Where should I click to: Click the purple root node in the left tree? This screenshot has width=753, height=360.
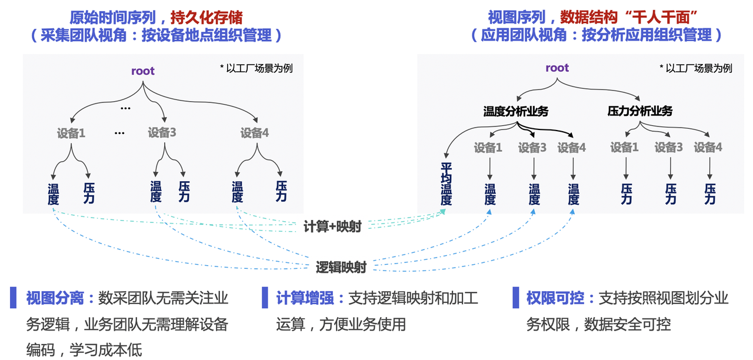pyautogui.click(x=143, y=71)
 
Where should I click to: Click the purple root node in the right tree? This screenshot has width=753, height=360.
pyautogui.click(x=557, y=68)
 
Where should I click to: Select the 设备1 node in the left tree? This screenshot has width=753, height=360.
pyautogui.click(x=71, y=133)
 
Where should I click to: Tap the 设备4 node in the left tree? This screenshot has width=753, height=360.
pyautogui.click(x=255, y=133)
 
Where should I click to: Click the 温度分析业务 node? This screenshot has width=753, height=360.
pyautogui.click(x=515, y=111)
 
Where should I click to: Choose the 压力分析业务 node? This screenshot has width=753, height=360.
pyautogui.click(x=639, y=111)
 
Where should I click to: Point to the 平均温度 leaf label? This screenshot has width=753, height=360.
pyautogui.click(x=447, y=184)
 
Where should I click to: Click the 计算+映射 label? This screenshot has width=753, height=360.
pyautogui.click(x=332, y=226)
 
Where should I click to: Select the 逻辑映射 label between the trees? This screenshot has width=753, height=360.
pyautogui.click(x=341, y=268)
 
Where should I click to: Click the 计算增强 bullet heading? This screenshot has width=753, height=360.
pyautogui.click(x=306, y=298)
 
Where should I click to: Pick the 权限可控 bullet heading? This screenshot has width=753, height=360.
pyautogui.click(x=556, y=298)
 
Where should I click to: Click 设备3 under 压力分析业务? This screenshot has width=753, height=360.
pyautogui.click(x=668, y=148)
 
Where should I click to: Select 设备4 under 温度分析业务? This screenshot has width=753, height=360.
pyautogui.click(x=572, y=148)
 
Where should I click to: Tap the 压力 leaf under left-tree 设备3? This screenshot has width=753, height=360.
pyautogui.click(x=184, y=192)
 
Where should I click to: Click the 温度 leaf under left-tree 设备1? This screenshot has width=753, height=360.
pyautogui.click(x=54, y=194)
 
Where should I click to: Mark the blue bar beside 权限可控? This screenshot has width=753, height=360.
pyautogui.click(x=516, y=298)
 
